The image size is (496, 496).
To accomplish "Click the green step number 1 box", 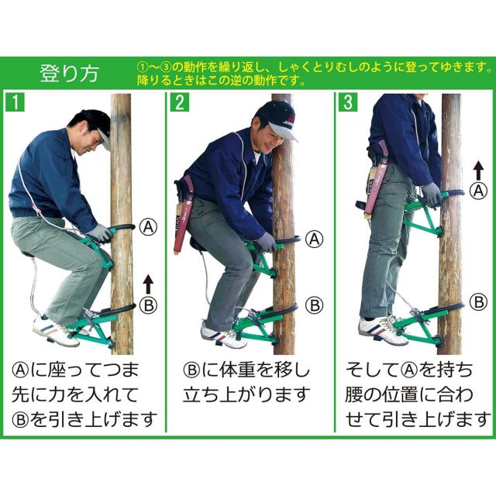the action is point(15,102).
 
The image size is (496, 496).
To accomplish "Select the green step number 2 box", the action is point(179,102).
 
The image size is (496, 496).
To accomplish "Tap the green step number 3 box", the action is point(348,102).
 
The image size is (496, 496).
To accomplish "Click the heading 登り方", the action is point(69,74).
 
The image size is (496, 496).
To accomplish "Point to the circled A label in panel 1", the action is point(148,227).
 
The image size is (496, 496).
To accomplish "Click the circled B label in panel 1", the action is point(148,305).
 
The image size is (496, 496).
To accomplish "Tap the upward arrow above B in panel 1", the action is point(148,284).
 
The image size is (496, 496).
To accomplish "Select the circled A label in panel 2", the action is point(314,239).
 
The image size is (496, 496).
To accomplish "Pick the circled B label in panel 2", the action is point(315,305).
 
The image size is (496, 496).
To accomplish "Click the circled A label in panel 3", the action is point(478,191).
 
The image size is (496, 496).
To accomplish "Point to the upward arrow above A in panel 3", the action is point(479,170).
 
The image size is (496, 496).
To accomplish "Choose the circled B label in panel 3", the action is point(479,302).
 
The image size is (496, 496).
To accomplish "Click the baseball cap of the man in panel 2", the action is point(277,119).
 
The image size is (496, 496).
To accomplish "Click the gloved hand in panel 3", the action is point(432,194).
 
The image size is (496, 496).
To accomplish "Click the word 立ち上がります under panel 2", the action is point(246,394).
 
